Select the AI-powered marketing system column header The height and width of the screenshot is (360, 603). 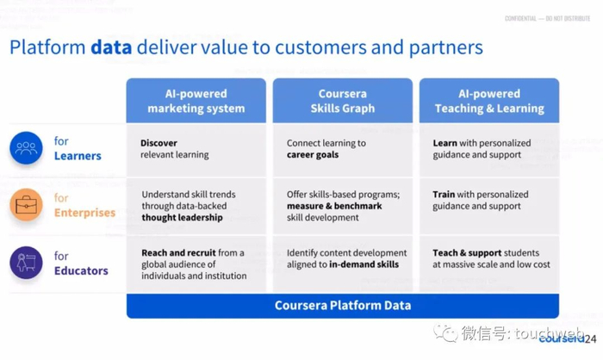point(196,101)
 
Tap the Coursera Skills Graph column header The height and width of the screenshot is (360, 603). point(342,101)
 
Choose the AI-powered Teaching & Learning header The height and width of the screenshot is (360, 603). point(488,101)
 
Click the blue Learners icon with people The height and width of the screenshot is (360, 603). point(26,148)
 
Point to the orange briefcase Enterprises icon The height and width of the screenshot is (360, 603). point(26,205)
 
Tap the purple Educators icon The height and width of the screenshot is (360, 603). point(26,263)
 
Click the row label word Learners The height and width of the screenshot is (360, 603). point(78,156)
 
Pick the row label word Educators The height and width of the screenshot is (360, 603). point(81,270)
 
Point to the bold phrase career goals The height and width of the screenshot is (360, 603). point(313,155)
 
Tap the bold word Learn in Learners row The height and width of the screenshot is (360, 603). point(445,143)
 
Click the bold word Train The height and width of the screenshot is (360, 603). point(444,195)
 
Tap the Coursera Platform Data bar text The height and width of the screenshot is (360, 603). point(342,305)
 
